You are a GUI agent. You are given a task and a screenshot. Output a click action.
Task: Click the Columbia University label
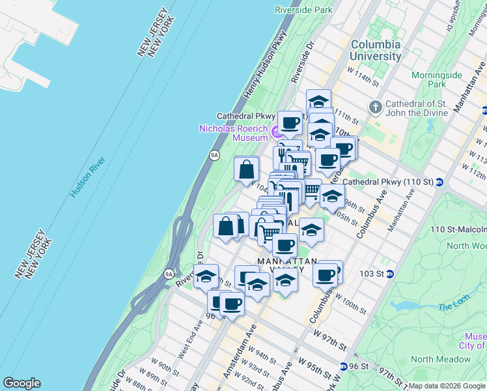coord(376,50)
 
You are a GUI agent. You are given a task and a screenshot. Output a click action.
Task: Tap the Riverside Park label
coord(303,10)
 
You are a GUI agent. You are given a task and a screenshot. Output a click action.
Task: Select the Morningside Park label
coord(436,80)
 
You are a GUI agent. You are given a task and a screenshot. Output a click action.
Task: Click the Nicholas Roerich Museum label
coord(233,133)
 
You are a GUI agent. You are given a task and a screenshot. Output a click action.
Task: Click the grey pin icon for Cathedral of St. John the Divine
coord(375,106)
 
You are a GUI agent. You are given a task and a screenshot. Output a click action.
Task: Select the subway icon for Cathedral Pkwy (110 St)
coord(439,181)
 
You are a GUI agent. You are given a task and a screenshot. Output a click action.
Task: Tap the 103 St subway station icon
coord(389,274)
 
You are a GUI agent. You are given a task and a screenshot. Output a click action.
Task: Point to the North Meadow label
coord(441,359)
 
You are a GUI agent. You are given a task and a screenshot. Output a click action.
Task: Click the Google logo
coord(21,383)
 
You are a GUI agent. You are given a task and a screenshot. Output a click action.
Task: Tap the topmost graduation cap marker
coord(318,102)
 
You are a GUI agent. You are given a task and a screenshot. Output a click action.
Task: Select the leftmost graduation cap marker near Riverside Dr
coord(206,276)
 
